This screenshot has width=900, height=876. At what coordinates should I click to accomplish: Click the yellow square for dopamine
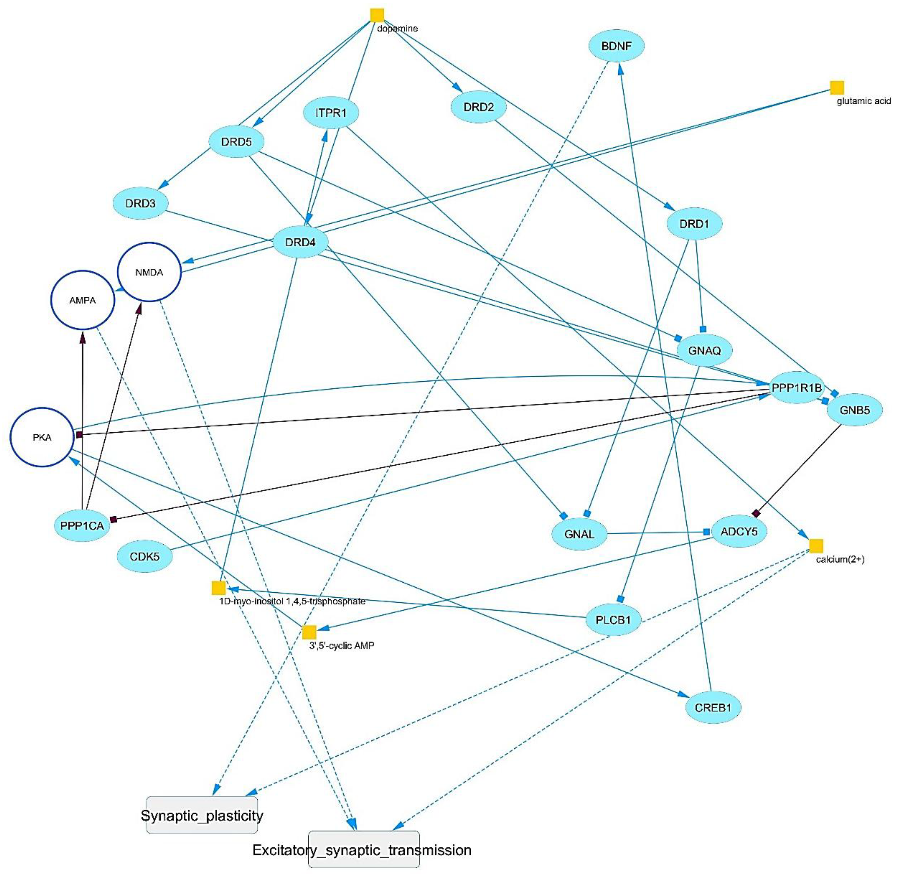point(377,15)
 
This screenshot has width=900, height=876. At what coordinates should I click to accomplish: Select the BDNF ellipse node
point(616,46)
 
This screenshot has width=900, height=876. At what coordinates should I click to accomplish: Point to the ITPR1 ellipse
point(331,113)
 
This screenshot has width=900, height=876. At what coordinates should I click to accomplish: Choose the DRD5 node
point(237,142)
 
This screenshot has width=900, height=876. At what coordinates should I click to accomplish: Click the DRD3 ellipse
point(140,203)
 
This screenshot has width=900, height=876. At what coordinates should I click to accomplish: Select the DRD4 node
point(300,242)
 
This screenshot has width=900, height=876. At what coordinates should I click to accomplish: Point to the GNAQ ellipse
point(704,351)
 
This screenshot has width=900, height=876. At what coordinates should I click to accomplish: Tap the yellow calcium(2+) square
point(816,546)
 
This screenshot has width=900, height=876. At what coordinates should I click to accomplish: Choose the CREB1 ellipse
point(713,707)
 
